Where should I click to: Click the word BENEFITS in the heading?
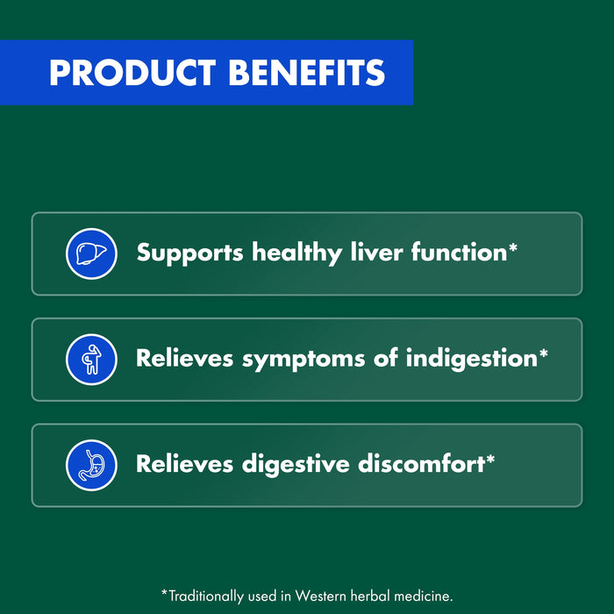click(306, 72)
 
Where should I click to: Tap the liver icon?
click(91, 253)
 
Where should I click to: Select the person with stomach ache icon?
click(91, 360)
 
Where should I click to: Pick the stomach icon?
click(91, 465)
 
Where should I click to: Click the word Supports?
click(190, 254)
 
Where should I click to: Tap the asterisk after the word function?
click(513, 248)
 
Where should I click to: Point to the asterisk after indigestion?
click(544, 353)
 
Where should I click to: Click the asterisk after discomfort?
click(490, 459)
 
